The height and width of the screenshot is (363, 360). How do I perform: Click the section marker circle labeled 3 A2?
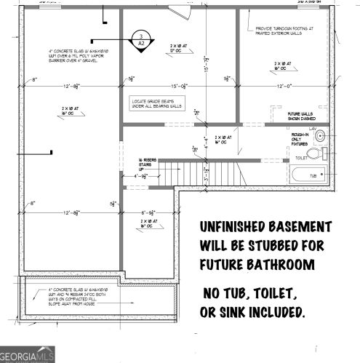coord(140,39)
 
